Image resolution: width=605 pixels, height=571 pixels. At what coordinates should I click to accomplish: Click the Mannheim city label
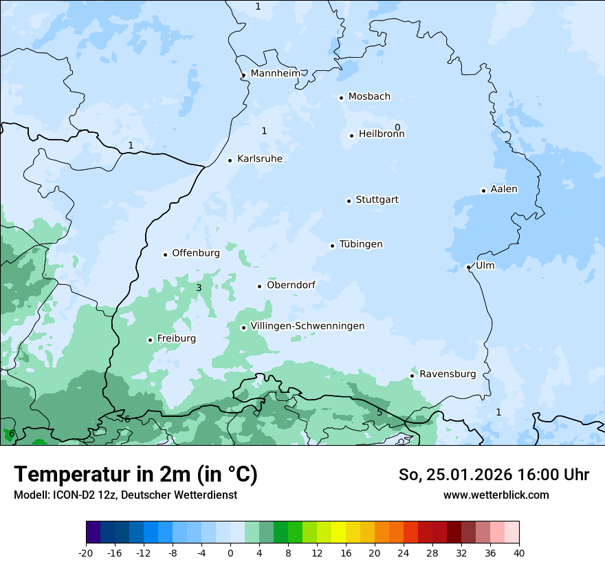[275, 74]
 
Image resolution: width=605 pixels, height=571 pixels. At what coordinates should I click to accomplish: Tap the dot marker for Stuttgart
[349, 201]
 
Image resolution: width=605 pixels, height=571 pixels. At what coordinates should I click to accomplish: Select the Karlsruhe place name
[259, 159]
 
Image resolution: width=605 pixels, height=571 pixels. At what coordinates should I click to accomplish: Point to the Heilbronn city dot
[351, 136]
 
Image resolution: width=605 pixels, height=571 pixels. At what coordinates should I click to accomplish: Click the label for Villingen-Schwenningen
[307, 326]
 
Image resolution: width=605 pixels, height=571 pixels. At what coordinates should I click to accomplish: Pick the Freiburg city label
[176, 338]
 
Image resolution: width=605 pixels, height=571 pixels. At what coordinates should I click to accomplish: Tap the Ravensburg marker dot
[412, 376]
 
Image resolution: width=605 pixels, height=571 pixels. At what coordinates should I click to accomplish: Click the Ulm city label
[485, 266]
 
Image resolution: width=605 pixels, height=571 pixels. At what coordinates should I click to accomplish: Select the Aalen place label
[504, 189]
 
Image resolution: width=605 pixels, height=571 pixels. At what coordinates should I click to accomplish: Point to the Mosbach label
[369, 97]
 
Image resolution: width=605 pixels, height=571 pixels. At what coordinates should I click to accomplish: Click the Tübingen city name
[360, 244]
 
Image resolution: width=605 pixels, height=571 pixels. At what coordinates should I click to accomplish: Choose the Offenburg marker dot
[165, 255]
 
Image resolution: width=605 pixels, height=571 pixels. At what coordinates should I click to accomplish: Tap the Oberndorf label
[291, 285]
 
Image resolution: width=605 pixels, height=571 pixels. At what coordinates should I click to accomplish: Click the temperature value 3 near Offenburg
[199, 288]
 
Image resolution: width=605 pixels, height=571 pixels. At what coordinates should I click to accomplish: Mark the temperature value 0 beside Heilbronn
[397, 127]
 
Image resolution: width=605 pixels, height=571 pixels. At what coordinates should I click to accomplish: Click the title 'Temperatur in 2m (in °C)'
[135, 474]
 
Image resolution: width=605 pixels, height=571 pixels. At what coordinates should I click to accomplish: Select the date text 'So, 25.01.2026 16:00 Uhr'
[494, 475]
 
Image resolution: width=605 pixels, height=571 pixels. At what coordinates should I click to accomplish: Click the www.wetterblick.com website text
[496, 495]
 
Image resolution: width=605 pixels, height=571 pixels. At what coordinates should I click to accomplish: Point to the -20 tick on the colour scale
[86, 552]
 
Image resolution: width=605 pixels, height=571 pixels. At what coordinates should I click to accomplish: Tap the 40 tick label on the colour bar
[518, 552]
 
